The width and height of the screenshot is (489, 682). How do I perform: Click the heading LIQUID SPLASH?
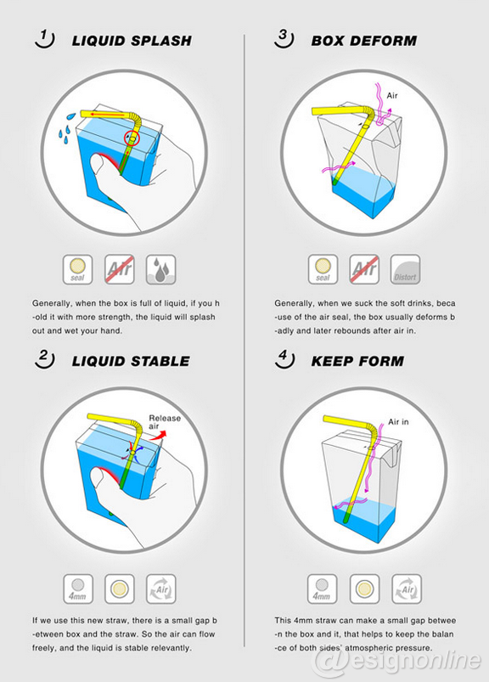point(132,41)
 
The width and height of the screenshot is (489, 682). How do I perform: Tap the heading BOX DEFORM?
point(364,41)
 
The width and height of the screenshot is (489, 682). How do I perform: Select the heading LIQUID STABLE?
point(131,361)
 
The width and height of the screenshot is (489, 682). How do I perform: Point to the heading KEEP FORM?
point(357,361)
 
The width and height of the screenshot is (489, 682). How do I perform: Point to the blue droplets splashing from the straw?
point(66,127)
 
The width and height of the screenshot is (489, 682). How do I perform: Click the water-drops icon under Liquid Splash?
point(160,270)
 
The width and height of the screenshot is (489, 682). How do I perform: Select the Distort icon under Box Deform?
point(405,270)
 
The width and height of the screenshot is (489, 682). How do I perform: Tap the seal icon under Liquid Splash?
point(77,270)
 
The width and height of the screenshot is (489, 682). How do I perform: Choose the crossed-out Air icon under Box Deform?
point(364,270)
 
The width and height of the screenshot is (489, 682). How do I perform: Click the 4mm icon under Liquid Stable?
point(78,589)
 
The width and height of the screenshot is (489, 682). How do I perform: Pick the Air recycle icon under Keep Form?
point(407,589)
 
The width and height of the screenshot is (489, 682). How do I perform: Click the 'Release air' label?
point(165,422)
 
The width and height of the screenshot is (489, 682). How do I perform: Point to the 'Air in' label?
point(399,421)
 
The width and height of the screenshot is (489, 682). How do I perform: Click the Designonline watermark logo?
point(397,661)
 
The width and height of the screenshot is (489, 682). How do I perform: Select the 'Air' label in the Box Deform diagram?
point(392,95)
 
